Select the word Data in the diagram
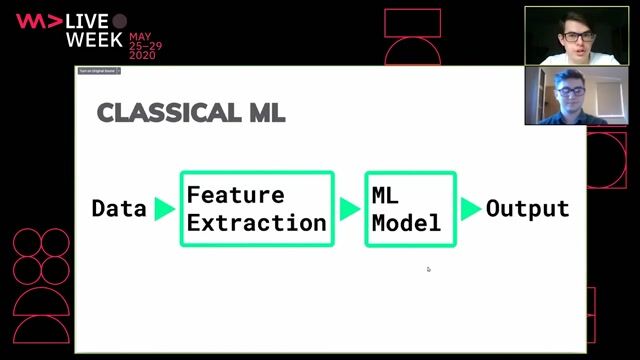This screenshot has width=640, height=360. click(119, 209)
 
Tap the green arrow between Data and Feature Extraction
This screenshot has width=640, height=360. click(164, 209)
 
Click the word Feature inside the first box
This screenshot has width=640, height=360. click(235, 195)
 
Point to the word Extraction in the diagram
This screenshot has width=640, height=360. click(256, 223)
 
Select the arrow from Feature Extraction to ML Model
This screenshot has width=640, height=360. click(349, 209)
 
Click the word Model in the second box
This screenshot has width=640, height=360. click(406, 223)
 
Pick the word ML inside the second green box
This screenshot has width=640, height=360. click(385, 195)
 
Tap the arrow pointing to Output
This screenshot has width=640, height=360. click(470, 209)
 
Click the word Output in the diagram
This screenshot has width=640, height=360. click(527, 209)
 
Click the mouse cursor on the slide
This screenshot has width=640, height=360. click(428, 268)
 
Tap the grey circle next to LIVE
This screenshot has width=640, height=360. click(120, 21)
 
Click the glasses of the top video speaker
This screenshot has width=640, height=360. click(575, 36)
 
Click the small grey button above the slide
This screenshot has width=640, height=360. click(98, 72)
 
